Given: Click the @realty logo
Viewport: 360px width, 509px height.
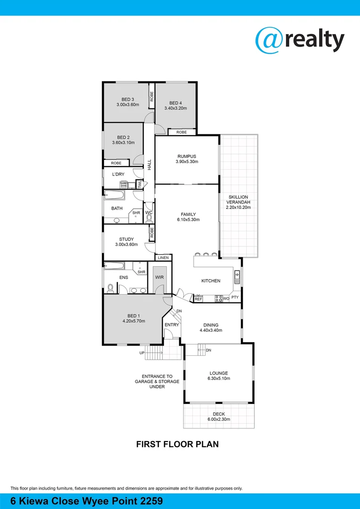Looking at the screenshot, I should (x=300, y=40).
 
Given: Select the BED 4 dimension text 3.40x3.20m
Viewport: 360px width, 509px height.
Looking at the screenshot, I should (x=176, y=108).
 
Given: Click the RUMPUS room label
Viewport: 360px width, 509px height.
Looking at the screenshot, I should (x=187, y=156).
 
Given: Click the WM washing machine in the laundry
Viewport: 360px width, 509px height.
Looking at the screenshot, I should (x=123, y=186).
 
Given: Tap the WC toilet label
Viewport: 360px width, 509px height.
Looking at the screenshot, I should (x=149, y=213).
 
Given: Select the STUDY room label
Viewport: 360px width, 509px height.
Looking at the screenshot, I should (x=126, y=239).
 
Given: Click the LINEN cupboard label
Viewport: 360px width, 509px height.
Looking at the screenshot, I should (x=163, y=258).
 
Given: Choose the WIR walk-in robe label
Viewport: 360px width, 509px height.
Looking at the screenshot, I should (x=159, y=278).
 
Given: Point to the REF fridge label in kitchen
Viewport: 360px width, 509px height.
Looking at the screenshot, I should (x=198, y=299).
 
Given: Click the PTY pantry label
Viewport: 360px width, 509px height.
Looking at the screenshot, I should (x=235, y=297).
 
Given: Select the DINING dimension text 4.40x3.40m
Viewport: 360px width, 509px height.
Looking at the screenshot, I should (x=211, y=330).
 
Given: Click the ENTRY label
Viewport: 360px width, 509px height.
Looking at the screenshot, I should (x=172, y=325).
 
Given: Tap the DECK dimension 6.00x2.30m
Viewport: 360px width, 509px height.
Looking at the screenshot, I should (x=219, y=419).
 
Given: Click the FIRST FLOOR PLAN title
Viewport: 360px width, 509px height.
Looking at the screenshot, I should (x=177, y=444).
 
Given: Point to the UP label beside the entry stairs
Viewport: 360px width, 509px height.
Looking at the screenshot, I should (x=142, y=353).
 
